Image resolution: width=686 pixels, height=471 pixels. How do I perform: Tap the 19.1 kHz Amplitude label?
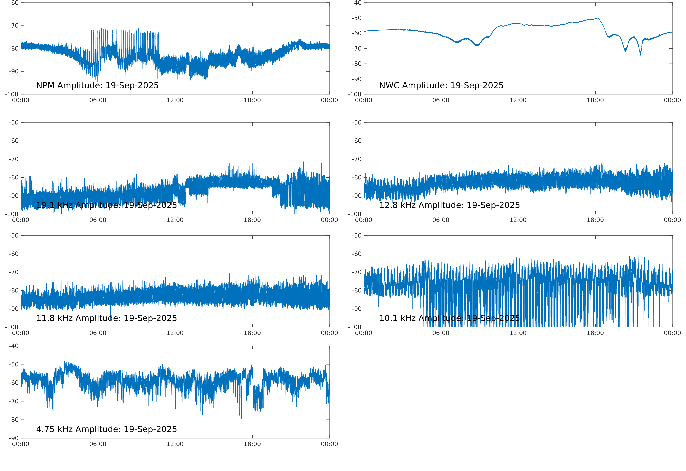click(106, 205)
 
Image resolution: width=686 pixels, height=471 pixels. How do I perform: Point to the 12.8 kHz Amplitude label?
click(449, 205)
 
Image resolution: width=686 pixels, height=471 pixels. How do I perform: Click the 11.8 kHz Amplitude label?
click(106, 318)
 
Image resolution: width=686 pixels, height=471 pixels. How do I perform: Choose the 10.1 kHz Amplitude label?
click(449, 318)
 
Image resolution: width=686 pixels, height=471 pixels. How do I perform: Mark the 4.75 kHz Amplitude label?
click(106, 429)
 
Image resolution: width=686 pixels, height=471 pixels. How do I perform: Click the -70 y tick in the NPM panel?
click(14, 26)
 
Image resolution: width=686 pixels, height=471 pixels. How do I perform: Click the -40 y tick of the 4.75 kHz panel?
click(14, 346)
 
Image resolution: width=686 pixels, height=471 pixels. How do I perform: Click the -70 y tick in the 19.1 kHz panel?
click(14, 159)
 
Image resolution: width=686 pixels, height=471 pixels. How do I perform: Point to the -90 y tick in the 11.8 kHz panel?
click(14, 309)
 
